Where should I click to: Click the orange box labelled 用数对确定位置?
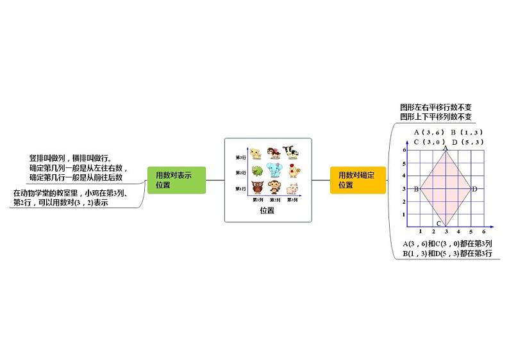click(358, 180)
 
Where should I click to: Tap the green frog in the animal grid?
click(257, 171)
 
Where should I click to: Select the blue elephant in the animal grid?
click(275, 171)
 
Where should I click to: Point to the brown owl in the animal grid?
click(257, 188)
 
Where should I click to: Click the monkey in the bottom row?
click(275, 188)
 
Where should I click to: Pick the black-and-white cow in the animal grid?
click(292, 152)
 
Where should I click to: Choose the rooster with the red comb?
click(292, 170)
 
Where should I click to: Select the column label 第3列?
click(292, 200)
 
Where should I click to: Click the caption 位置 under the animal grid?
click(267, 210)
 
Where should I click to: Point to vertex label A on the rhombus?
click(446, 147)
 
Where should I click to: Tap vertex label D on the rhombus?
click(474, 189)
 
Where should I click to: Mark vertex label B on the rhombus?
click(416, 189)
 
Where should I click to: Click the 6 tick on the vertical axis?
click(405, 150)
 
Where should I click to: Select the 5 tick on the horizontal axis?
click(471, 231)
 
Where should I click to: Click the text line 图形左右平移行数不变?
click(435, 107)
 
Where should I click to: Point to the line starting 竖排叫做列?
click(71, 158)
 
